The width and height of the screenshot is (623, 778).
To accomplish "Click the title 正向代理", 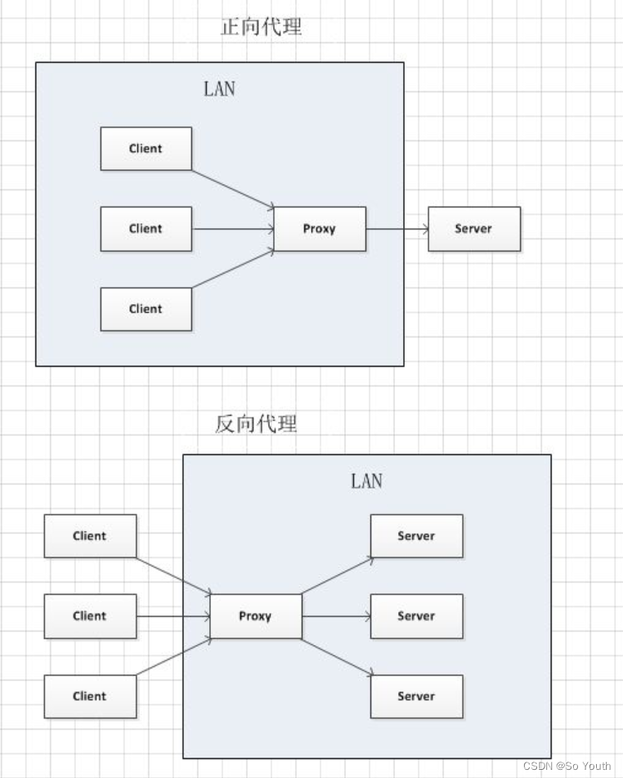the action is point(261,27).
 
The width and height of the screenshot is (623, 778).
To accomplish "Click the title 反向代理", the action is point(256,423).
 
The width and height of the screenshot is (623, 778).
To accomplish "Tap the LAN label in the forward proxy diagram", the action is point(219,89).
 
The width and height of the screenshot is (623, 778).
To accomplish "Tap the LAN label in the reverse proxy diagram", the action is point(367,481).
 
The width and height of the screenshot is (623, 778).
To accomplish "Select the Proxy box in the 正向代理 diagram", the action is point(320,229).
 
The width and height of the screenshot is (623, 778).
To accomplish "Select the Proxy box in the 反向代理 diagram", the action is point(256,615).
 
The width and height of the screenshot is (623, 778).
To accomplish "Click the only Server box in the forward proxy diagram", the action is point(474,229).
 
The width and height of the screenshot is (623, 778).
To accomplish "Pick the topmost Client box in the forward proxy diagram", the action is point(146,149).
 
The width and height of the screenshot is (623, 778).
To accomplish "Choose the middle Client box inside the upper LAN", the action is point(146,229).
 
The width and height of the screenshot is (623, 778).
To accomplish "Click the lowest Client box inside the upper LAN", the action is point(146,309).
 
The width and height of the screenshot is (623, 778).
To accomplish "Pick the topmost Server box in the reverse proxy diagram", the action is point(416,536).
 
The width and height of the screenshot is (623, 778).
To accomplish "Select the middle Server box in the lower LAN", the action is point(416,615).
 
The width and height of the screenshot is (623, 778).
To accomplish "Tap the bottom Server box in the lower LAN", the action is point(416,696).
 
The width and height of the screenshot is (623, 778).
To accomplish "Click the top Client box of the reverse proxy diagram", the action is point(90,536).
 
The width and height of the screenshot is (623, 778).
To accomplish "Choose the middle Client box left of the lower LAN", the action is point(90,615).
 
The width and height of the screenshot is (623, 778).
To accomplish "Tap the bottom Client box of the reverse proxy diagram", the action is point(90,696).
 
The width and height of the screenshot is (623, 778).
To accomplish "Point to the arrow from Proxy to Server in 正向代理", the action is point(397,229).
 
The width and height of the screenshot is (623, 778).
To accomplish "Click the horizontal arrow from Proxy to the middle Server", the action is point(336,616).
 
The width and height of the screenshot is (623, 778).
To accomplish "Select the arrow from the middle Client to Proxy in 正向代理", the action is point(233,229).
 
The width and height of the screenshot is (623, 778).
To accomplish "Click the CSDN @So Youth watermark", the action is point(567,766).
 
